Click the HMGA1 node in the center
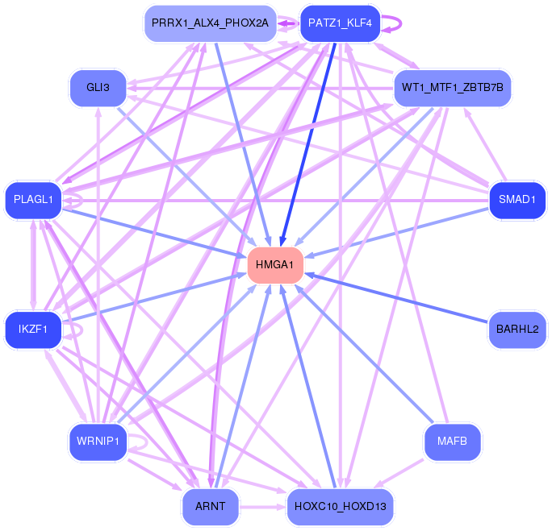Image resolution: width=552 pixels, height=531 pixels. pos(275,265)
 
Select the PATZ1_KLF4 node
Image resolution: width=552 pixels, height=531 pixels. pos(340,23)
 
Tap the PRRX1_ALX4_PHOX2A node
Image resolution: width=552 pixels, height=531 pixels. pos(210,23)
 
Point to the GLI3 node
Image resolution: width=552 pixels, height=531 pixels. pos(98,88)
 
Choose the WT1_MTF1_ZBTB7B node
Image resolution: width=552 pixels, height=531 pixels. pos(453,88)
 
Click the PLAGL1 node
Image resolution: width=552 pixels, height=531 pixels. pos(33,200)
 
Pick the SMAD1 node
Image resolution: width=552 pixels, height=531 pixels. pos(517,200)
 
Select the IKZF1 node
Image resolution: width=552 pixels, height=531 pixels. pos(33,330)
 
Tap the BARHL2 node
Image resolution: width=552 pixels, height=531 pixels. pos(517,330)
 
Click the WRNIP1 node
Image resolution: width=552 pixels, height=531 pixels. pos(98,442)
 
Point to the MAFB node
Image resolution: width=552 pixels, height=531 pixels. pos(453,442)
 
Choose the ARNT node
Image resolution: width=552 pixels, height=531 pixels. pos(210,507)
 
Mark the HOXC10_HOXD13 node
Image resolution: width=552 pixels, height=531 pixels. pos(340,507)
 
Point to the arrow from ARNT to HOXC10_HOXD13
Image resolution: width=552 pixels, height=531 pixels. pos(263,507)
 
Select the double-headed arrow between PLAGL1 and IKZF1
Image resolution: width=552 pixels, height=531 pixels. pos(33,265)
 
